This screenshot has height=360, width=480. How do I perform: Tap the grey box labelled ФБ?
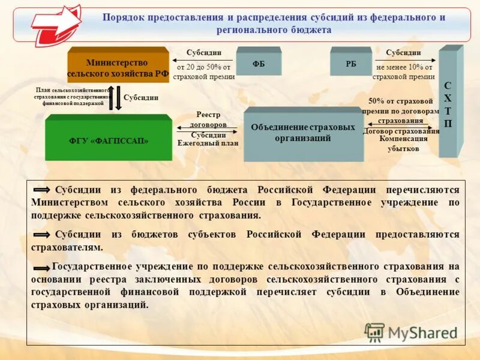[x=259, y=62]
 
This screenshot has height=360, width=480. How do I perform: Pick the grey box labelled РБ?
[x=350, y=62]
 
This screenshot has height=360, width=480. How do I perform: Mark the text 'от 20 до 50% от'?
[x=203, y=68]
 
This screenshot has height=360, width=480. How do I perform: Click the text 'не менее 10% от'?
[x=403, y=68]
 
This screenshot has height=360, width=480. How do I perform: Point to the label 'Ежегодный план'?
[x=208, y=143]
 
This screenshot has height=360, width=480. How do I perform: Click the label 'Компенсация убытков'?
[x=403, y=143]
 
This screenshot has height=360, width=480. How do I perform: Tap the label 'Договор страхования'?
[x=401, y=131]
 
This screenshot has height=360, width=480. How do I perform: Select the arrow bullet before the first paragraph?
[x=42, y=190]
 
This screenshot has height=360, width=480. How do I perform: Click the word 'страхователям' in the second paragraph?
[x=67, y=247]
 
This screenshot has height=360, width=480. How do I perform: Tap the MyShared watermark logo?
[x=411, y=332]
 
